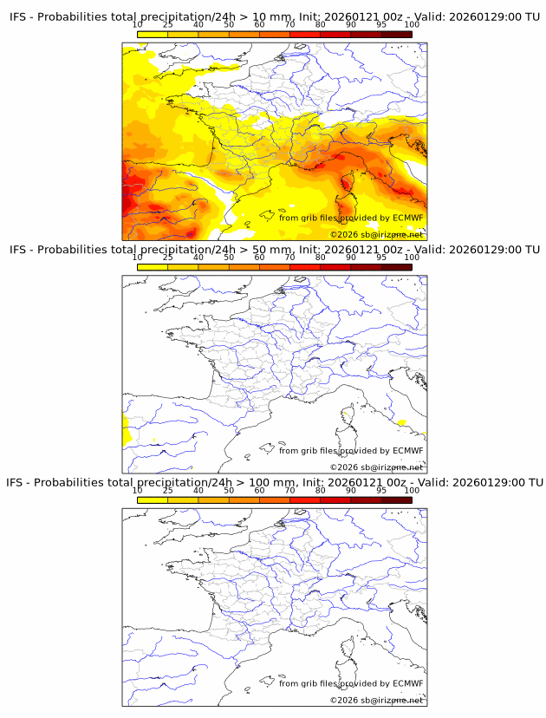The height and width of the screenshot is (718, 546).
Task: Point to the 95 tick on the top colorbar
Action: (x=381, y=24)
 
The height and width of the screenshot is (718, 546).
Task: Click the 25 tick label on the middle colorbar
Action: (x=168, y=258)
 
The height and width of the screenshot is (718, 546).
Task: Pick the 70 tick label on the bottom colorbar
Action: (x=290, y=490)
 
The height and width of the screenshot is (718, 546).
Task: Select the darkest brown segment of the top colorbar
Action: (x=396, y=34)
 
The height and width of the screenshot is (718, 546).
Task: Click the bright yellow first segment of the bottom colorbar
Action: (x=153, y=499)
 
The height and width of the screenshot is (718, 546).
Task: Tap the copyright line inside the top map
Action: (x=376, y=235)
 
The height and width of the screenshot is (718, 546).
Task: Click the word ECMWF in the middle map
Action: (x=407, y=451)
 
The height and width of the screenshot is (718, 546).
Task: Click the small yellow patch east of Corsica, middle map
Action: (x=401, y=422)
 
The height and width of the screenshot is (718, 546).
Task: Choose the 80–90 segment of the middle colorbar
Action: (x=335, y=267)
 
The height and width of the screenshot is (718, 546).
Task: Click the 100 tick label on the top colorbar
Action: (x=412, y=24)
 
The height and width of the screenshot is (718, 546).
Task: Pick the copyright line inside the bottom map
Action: (x=376, y=700)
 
